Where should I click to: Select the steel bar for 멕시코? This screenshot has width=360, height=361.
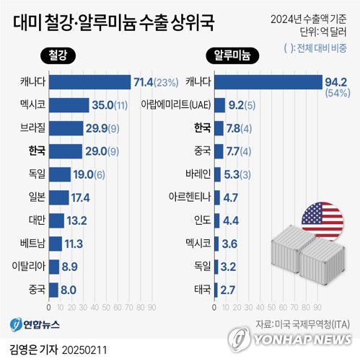(x=70, y=104)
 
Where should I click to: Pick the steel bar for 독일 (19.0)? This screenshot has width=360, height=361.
(x=61, y=174)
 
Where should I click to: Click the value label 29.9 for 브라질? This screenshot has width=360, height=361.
(x=99, y=128)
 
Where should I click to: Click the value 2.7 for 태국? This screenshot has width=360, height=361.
(x=229, y=290)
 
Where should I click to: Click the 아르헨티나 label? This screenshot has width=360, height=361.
(x=188, y=197)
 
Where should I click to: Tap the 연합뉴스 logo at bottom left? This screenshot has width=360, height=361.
(x=38, y=322)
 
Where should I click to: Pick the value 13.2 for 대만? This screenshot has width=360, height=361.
(x=77, y=220)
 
